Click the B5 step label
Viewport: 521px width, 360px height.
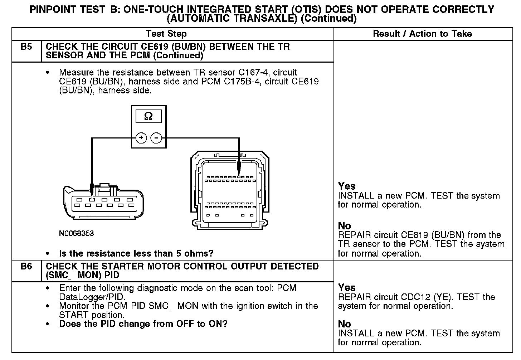click(x=26, y=47)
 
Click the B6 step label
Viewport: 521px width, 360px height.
click(x=26, y=267)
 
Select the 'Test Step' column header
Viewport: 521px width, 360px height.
click(x=166, y=34)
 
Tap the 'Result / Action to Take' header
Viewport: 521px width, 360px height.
click(x=422, y=34)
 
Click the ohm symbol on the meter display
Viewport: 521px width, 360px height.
click(x=148, y=116)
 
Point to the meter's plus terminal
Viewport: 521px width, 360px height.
click(x=141, y=138)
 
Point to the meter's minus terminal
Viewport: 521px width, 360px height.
click(x=156, y=138)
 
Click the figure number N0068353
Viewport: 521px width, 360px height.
click(x=77, y=233)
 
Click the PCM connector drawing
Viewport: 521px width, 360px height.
click(x=229, y=191)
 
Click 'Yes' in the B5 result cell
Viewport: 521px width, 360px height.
click(x=347, y=186)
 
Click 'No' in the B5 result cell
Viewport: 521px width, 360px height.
click(x=345, y=226)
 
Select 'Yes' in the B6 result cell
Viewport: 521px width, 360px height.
click(x=347, y=287)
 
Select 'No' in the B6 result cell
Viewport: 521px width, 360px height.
click(x=345, y=324)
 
